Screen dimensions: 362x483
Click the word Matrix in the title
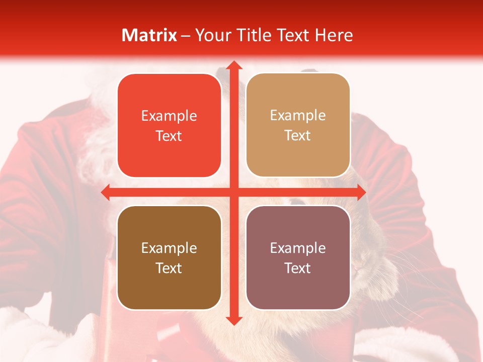click(x=149, y=35)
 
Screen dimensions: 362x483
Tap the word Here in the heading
click(x=334, y=35)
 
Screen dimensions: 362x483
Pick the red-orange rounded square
click(x=169, y=126)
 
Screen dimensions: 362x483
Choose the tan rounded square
click(x=298, y=125)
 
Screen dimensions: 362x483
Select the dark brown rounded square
click(x=169, y=257)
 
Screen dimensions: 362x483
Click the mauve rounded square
click(x=298, y=257)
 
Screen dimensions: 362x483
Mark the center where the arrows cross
click(x=233, y=192)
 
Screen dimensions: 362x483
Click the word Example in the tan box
click(x=298, y=115)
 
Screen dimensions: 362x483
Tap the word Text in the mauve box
click(x=298, y=268)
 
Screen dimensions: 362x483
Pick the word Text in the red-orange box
click(x=169, y=136)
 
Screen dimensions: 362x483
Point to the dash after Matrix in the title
click(x=186, y=36)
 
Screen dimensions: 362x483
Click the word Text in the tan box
click(x=298, y=136)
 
